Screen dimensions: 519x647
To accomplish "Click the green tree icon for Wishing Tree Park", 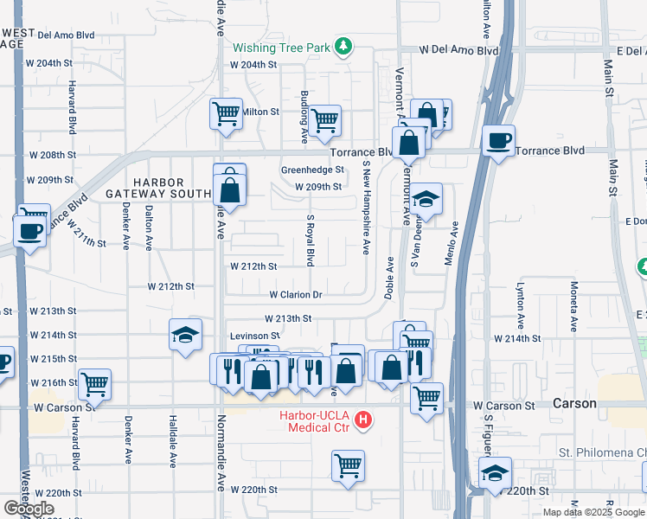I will click(x=344, y=47).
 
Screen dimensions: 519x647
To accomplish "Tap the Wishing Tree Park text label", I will click(x=281, y=48).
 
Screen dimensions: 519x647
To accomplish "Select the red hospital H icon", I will click(x=363, y=420).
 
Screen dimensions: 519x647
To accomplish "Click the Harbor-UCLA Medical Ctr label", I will click(x=315, y=421).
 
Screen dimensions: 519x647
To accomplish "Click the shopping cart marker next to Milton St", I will click(x=225, y=112).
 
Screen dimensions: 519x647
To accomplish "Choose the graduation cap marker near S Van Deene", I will click(x=425, y=199).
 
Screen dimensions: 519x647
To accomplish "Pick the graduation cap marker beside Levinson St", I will click(x=184, y=336).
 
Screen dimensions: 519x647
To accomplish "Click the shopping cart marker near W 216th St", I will click(x=94, y=382).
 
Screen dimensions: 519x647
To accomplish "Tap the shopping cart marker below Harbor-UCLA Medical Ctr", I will click(x=348, y=465).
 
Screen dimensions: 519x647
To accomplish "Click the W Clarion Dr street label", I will click(x=295, y=295).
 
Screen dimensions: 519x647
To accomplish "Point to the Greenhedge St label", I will click(x=312, y=170).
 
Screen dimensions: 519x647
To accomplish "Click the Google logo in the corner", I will click(x=29, y=509).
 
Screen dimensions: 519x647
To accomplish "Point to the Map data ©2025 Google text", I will click(x=593, y=512).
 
